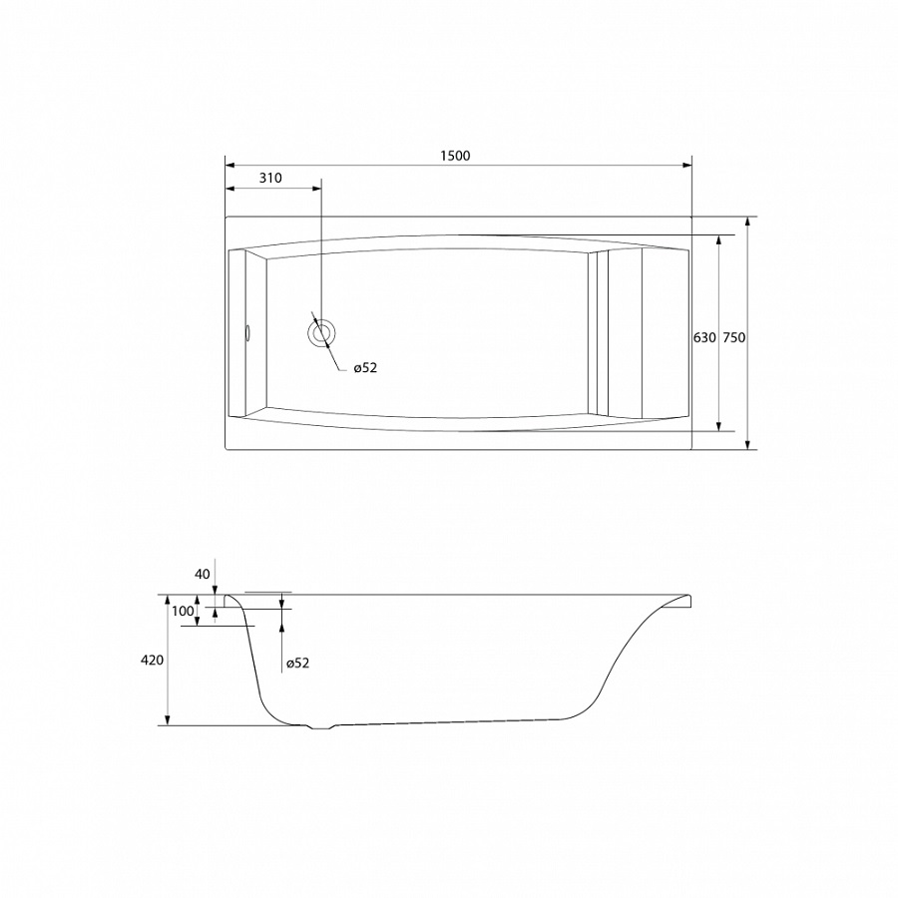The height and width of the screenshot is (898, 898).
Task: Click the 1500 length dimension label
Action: click(455, 156)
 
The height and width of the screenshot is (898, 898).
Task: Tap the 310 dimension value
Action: click(270, 179)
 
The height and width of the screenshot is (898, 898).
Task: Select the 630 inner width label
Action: click(704, 338)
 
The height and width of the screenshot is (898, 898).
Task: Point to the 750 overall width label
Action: click(734, 338)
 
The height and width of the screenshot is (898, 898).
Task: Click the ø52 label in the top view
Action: click(365, 368)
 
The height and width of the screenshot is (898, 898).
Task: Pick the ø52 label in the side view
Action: click(297, 664)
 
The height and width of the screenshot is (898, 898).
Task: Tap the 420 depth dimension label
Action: click(152, 661)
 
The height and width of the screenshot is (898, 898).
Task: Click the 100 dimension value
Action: click(183, 611)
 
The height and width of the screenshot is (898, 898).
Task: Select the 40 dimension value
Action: click(203, 574)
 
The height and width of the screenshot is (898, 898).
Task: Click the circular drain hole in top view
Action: click(321, 333)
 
